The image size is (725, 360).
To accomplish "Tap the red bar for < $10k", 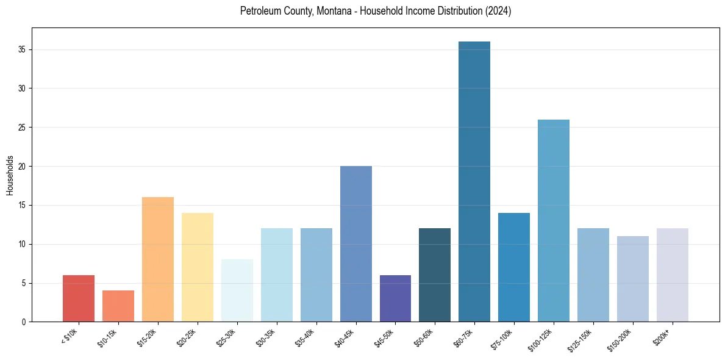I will [79, 298].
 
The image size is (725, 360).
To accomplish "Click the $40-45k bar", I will [355, 244].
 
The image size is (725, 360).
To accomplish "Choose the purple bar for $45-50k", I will [395, 298].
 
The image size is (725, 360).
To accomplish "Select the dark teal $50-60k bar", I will [435, 275].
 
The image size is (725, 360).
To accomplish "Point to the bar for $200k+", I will [672, 275].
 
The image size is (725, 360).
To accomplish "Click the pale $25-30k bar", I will [237, 290].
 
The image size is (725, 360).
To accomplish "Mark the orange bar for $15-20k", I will [158, 259].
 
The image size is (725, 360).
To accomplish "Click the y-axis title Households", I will [10, 175].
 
